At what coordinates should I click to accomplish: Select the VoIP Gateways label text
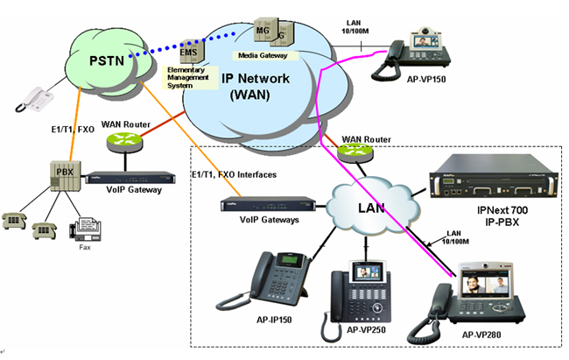click(x=262, y=221)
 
